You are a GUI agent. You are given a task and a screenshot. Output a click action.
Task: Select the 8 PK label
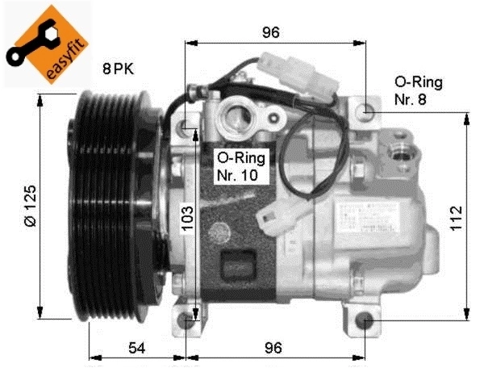[x=117, y=69]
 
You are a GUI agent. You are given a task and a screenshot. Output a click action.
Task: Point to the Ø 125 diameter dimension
[x=29, y=207]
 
